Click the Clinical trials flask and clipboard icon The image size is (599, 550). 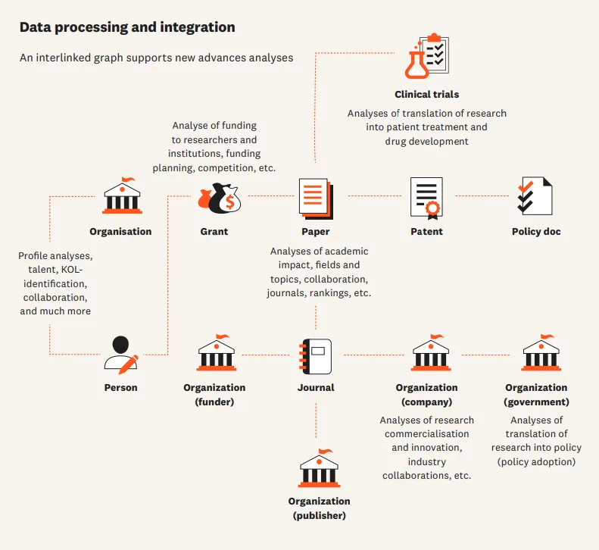pyautogui.click(x=427, y=56)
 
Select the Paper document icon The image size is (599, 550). pyautogui.click(x=314, y=197)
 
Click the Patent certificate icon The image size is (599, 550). pyautogui.click(x=426, y=197)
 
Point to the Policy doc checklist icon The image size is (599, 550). pyautogui.click(x=535, y=196)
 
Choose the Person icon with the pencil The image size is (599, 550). pyautogui.click(x=121, y=354)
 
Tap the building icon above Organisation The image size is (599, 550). pyautogui.click(x=121, y=196)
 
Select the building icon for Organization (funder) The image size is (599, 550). pyautogui.click(x=216, y=353)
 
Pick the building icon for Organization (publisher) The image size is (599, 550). pyautogui.click(x=319, y=467)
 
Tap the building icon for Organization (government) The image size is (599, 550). pyautogui.click(x=541, y=353)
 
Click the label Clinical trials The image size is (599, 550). pyautogui.click(x=426, y=95)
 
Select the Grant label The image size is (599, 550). pyautogui.click(x=214, y=232)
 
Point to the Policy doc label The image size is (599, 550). pyautogui.click(x=536, y=232)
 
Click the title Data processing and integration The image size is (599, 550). pyautogui.click(x=127, y=27)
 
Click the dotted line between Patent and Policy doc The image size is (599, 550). pyautogui.click(x=481, y=196)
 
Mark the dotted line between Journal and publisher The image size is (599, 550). pyautogui.click(x=316, y=424)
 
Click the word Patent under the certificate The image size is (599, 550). pyautogui.click(x=426, y=232)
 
